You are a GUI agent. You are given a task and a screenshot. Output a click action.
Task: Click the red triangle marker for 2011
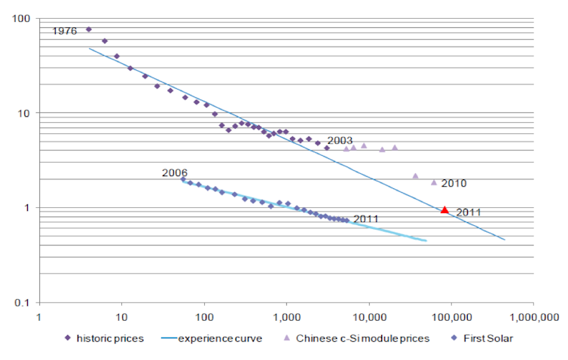coord(444,210)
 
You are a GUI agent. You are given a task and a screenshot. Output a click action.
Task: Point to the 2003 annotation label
coord(340,141)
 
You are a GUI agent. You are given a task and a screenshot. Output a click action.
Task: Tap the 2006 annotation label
coord(174,173)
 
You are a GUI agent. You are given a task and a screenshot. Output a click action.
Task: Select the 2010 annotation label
coord(454,183)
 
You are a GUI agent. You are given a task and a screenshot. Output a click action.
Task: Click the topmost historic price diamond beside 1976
coord(89,29)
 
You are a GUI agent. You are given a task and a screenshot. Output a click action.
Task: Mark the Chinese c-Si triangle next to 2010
coord(434,182)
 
